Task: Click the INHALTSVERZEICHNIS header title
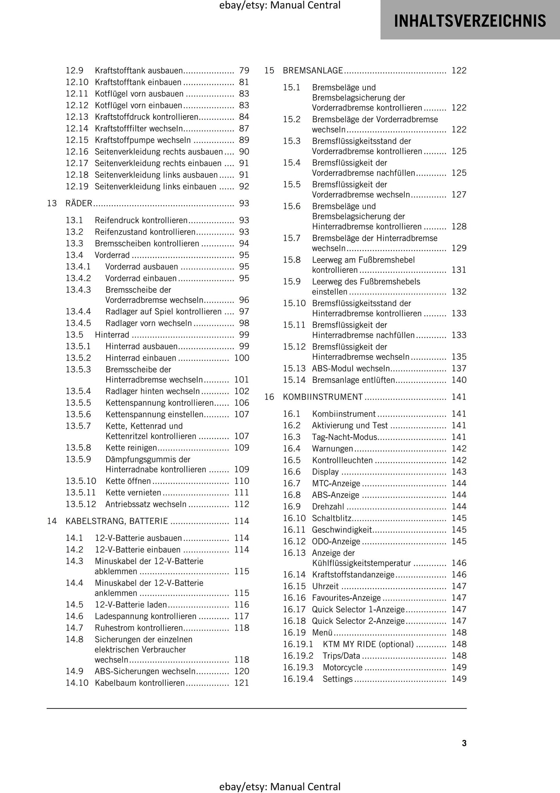click(470, 21)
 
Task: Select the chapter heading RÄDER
click(79, 204)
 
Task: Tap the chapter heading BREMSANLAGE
click(313, 71)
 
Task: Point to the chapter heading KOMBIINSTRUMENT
click(323, 397)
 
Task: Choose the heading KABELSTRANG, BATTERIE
click(117, 521)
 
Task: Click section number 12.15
click(77, 140)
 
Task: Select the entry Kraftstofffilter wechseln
click(138, 128)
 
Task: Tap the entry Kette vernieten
click(133, 493)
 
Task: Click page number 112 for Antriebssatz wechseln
click(241, 504)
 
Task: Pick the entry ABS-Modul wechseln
click(351, 368)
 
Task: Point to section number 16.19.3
click(298, 667)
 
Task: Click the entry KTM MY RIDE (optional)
click(368, 644)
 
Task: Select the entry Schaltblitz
click(331, 518)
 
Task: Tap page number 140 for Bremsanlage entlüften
click(459, 380)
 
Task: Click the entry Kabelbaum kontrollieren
click(140, 683)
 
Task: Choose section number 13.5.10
click(81, 481)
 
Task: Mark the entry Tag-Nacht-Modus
click(344, 437)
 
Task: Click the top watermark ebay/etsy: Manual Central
click(280, 5)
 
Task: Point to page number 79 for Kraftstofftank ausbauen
click(244, 71)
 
